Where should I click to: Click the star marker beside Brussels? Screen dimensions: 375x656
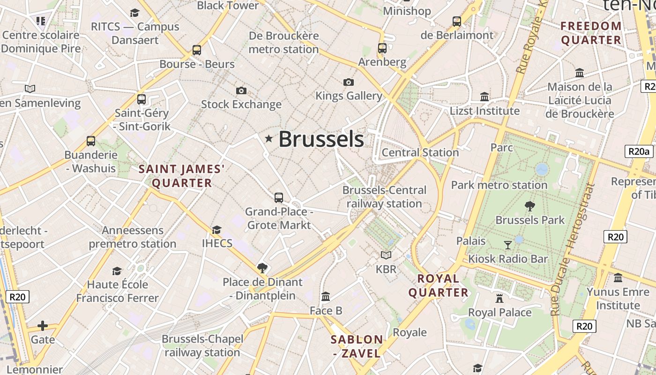(x=269, y=138)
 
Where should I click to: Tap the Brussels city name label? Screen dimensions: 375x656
(x=321, y=139)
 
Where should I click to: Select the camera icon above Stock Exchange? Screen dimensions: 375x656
(x=241, y=90)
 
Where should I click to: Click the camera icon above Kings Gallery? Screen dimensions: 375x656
(x=349, y=82)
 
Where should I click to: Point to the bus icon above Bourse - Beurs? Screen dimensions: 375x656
(x=197, y=50)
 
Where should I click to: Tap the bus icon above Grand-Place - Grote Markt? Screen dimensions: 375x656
(x=279, y=197)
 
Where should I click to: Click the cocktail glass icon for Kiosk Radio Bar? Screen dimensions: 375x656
(x=507, y=245)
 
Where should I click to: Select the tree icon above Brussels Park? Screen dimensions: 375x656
(x=530, y=206)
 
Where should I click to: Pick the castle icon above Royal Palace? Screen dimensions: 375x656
(x=499, y=298)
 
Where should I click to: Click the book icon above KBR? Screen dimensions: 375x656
(x=386, y=255)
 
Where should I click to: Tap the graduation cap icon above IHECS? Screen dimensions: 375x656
(x=216, y=230)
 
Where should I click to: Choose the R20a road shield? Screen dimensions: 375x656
(x=639, y=151)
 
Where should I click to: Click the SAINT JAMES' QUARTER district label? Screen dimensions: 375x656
(x=182, y=176)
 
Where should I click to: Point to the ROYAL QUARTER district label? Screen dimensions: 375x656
(x=438, y=285)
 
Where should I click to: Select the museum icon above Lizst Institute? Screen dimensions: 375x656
(x=485, y=97)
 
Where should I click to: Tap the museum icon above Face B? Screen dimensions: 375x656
(x=326, y=296)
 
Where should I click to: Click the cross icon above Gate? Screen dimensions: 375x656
(x=43, y=325)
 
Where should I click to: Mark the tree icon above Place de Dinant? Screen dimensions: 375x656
(x=262, y=268)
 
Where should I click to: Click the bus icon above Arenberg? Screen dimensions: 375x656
(x=382, y=48)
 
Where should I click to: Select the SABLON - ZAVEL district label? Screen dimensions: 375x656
(x=357, y=346)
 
